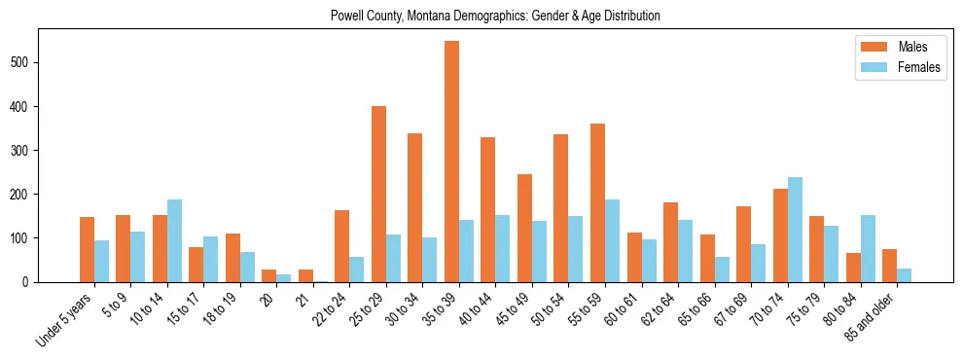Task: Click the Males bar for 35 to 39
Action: pos(452,162)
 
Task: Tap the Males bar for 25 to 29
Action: pos(379,194)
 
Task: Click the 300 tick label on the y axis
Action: pos(25,150)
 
